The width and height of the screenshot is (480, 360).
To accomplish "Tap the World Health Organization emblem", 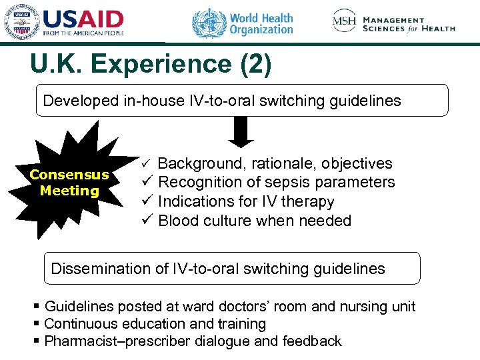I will tap(209, 24).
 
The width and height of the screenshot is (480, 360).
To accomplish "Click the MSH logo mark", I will tap(344, 21).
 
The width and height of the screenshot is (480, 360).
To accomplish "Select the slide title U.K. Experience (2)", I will tap(150, 65).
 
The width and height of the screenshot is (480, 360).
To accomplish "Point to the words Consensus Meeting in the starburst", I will tap(69, 183).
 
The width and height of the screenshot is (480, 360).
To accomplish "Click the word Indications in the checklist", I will tap(191, 201).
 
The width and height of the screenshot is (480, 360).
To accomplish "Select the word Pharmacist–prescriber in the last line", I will tap(118, 341).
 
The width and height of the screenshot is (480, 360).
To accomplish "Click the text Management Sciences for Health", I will tap(409, 24).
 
